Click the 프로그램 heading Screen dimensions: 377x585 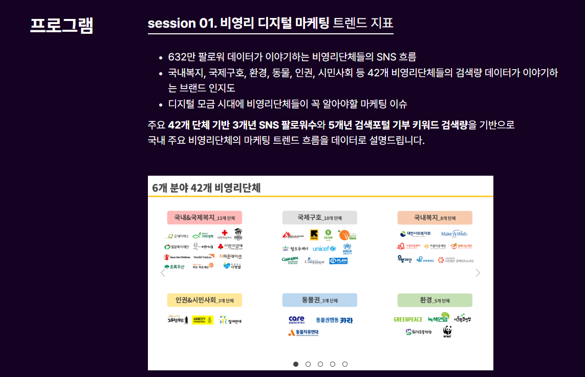point(61,25)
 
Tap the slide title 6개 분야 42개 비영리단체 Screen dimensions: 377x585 point(206,187)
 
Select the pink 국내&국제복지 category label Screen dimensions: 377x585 point(204,217)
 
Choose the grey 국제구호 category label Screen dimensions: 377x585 point(319,217)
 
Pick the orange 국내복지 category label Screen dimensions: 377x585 point(435,217)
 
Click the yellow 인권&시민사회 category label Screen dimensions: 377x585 point(204,300)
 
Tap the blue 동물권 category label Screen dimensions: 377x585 point(319,300)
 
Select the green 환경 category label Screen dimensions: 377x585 point(435,300)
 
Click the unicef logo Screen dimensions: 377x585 point(324,248)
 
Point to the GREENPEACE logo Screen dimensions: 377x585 point(408,320)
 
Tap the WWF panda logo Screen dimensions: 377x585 point(447,331)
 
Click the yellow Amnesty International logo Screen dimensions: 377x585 point(203,320)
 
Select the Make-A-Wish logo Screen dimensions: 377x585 point(454,234)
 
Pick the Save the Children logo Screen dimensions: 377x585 point(177,257)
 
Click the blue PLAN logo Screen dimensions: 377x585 point(339,261)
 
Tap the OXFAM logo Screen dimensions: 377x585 point(328,235)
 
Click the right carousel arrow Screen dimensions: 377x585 point(478,273)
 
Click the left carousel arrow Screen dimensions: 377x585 point(163,273)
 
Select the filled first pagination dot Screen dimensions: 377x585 point(296,364)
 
